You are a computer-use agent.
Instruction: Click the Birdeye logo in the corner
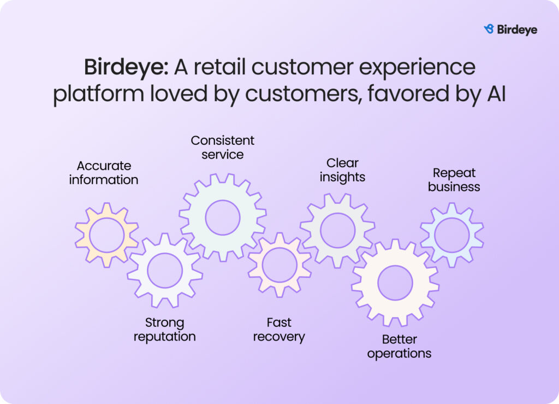[510, 30]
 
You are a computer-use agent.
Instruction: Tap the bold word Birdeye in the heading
[125, 67]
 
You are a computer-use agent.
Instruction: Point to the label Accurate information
[104, 172]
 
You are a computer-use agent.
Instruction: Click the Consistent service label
[222, 147]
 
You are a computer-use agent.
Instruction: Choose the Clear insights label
[342, 169]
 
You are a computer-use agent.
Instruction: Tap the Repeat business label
[454, 179]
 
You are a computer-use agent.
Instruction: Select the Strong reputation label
[164, 329]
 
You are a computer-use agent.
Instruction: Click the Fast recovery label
[278, 329]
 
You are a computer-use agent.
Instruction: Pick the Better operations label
[399, 346]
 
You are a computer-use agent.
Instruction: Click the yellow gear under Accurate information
[106, 235]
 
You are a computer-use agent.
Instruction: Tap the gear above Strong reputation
[164, 270]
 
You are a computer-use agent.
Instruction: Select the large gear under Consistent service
[222, 218]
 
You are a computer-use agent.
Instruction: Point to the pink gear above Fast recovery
[279, 265]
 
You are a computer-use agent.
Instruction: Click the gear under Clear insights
[337, 230]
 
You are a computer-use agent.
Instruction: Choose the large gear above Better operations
[395, 283]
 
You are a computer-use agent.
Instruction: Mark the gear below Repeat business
[451, 235]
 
